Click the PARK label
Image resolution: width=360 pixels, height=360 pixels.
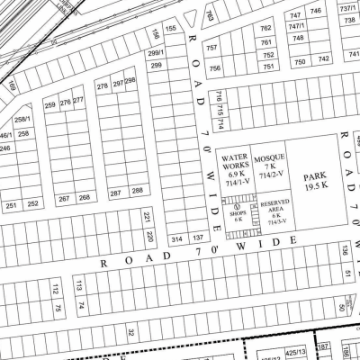[314, 176]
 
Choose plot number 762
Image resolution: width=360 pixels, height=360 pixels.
[266, 28]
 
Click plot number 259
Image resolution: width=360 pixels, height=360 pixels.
[49, 104]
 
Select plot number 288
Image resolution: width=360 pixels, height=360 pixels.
[137, 191]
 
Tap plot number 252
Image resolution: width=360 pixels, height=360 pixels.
[32, 204]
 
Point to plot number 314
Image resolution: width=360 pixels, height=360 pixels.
[176, 238]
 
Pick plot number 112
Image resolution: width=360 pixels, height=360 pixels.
[55, 287]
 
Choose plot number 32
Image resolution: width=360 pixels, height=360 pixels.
[130, 332]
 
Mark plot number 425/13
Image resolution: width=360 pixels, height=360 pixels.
[295, 351]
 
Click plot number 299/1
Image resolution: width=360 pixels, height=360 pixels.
[154, 54]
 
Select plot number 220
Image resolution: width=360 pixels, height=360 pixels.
[150, 237]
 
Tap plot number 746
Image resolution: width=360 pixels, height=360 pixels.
[316, 11]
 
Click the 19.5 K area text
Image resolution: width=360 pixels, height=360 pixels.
[314, 186]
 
